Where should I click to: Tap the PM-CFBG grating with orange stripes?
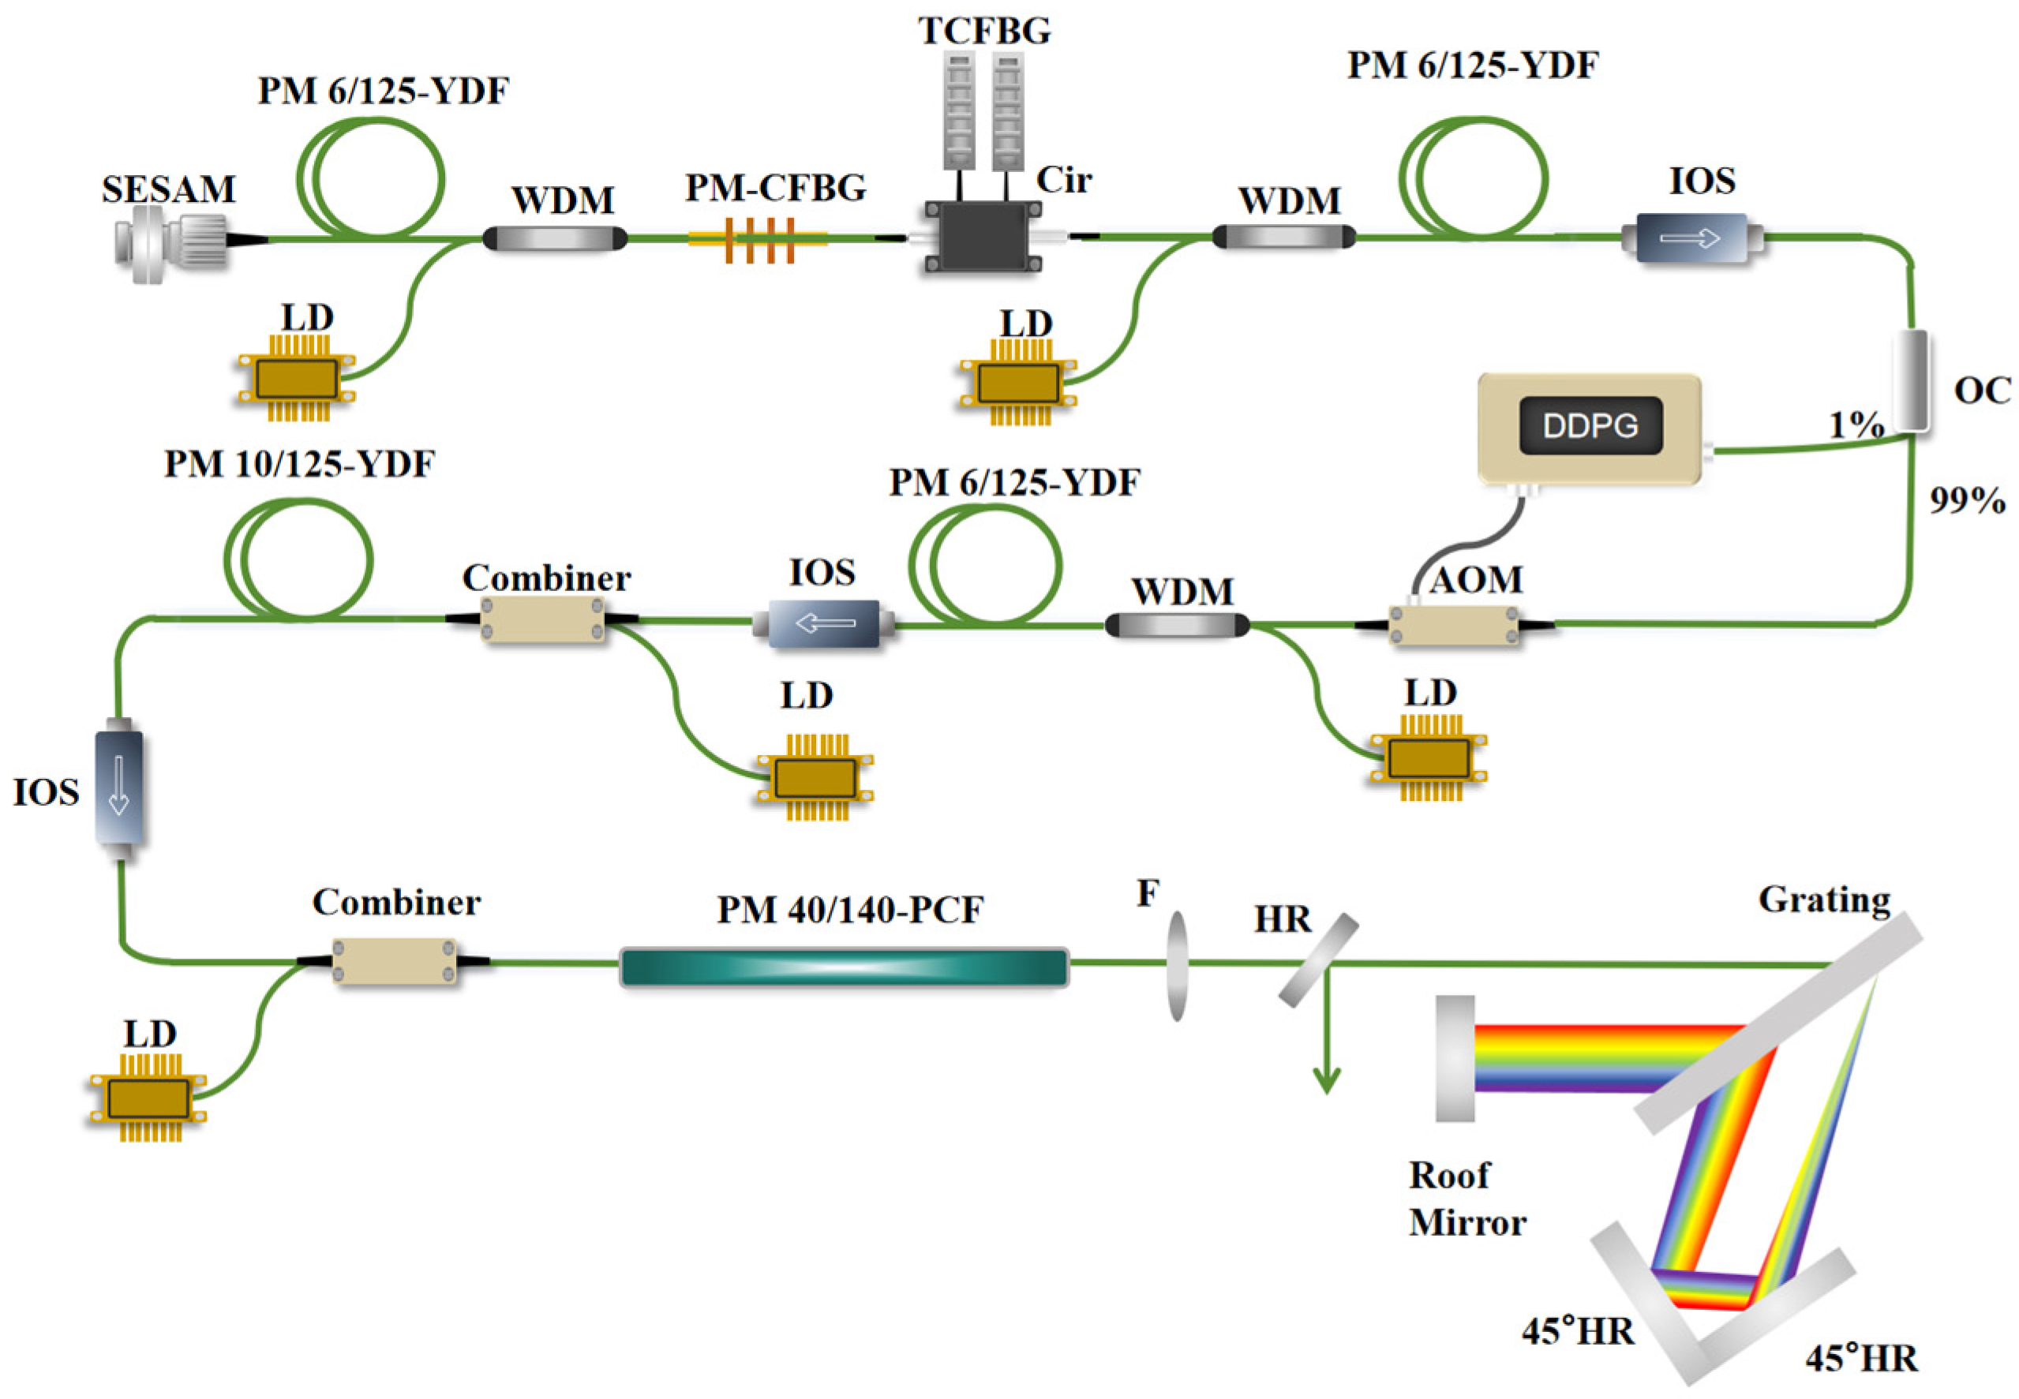coord(759,238)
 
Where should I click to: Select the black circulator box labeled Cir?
coord(982,237)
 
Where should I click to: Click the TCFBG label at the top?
coord(983,32)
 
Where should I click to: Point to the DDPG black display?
coord(1590,426)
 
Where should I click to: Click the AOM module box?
coord(1454,624)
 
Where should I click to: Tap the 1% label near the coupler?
coord(1855,425)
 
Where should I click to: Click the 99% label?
coord(1966,500)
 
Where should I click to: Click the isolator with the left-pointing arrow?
coord(822,623)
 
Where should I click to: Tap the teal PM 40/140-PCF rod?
coord(844,967)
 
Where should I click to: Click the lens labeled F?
coord(1177,966)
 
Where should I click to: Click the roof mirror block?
coord(1454,1058)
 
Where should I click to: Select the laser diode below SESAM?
coord(296,379)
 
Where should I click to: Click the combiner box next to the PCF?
coord(394,962)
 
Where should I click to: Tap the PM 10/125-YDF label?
coord(299,465)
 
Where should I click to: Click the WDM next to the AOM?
coord(1177,625)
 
